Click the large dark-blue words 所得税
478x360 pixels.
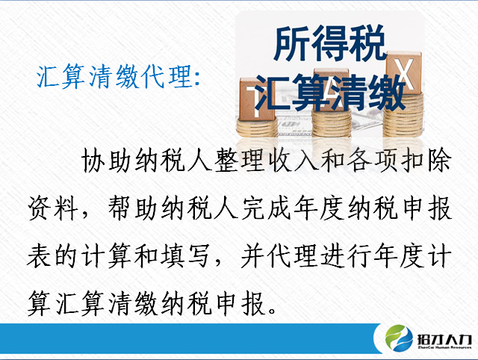click(330, 43)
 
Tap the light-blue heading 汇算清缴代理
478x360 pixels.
click(114, 76)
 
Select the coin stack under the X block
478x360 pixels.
click(403, 115)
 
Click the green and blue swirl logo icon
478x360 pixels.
click(399, 338)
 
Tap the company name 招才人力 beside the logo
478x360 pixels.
click(444, 339)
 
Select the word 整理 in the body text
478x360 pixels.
click(238, 161)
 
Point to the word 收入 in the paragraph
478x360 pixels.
click(291, 161)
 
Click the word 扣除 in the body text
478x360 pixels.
click(426, 161)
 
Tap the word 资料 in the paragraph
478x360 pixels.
click(53, 208)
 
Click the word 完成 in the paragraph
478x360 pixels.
click(266, 208)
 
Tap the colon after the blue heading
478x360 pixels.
click(197, 78)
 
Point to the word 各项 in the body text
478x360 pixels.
click(372, 161)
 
